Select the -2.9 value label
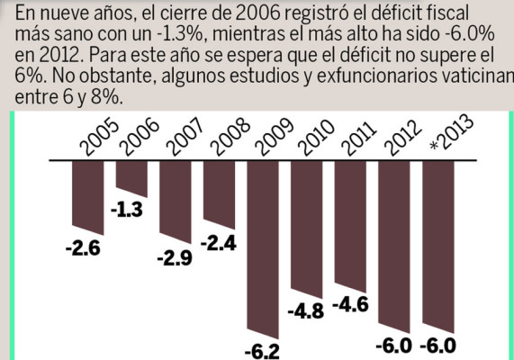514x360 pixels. click(x=176, y=258)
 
